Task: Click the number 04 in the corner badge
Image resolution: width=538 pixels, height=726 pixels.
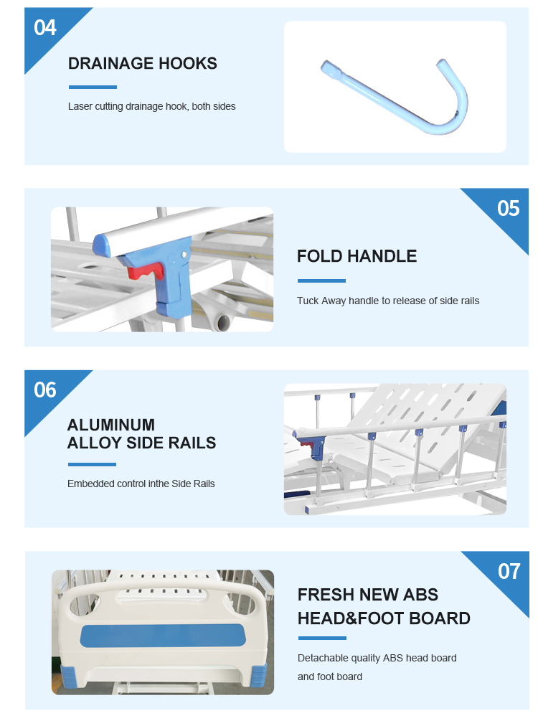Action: (x=45, y=28)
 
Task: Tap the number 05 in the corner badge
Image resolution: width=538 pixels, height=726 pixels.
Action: (x=509, y=208)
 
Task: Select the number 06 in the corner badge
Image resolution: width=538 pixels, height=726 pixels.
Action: (x=45, y=390)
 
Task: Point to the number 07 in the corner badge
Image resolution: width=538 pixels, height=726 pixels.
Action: (x=509, y=571)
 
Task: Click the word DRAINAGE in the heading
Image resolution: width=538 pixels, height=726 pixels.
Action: (x=110, y=63)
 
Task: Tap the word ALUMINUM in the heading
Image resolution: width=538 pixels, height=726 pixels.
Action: (x=111, y=425)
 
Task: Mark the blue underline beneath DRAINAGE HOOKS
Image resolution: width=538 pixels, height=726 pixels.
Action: (x=93, y=87)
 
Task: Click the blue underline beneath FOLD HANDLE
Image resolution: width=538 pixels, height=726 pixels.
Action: (x=321, y=280)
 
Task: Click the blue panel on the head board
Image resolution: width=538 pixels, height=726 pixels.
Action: (x=162, y=636)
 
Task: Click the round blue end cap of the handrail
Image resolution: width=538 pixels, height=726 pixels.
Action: (x=101, y=245)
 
